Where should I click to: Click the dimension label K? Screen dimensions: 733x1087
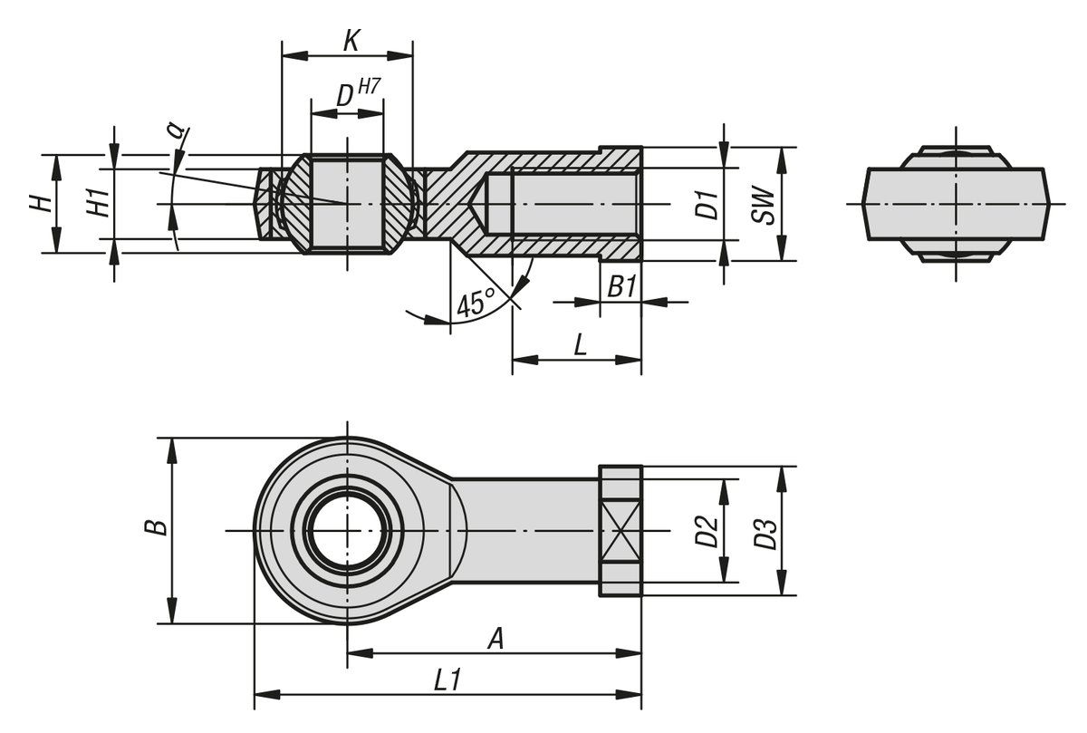[x=351, y=41]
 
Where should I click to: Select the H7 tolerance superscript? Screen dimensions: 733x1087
[x=369, y=88]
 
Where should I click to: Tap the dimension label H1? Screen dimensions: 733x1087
[x=101, y=203]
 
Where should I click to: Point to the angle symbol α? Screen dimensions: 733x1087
[x=176, y=130]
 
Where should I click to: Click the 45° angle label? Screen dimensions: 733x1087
[x=475, y=303]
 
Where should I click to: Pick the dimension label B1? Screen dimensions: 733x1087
[x=621, y=288]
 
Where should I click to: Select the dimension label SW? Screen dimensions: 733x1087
[x=764, y=205]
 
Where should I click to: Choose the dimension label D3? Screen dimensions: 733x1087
[x=765, y=531]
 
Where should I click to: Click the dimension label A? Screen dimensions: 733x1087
[x=495, y=639]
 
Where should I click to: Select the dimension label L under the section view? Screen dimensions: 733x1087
[x=580, y=344]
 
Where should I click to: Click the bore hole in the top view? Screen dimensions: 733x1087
[x=346, y=531]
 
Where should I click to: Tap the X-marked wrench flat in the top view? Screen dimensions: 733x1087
[x=620, y=531]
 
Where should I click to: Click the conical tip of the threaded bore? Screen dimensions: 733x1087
[x=479, y=204]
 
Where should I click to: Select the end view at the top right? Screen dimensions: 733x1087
[x=956, y=204]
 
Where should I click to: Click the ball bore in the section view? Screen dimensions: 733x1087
[x=346, y=204]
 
